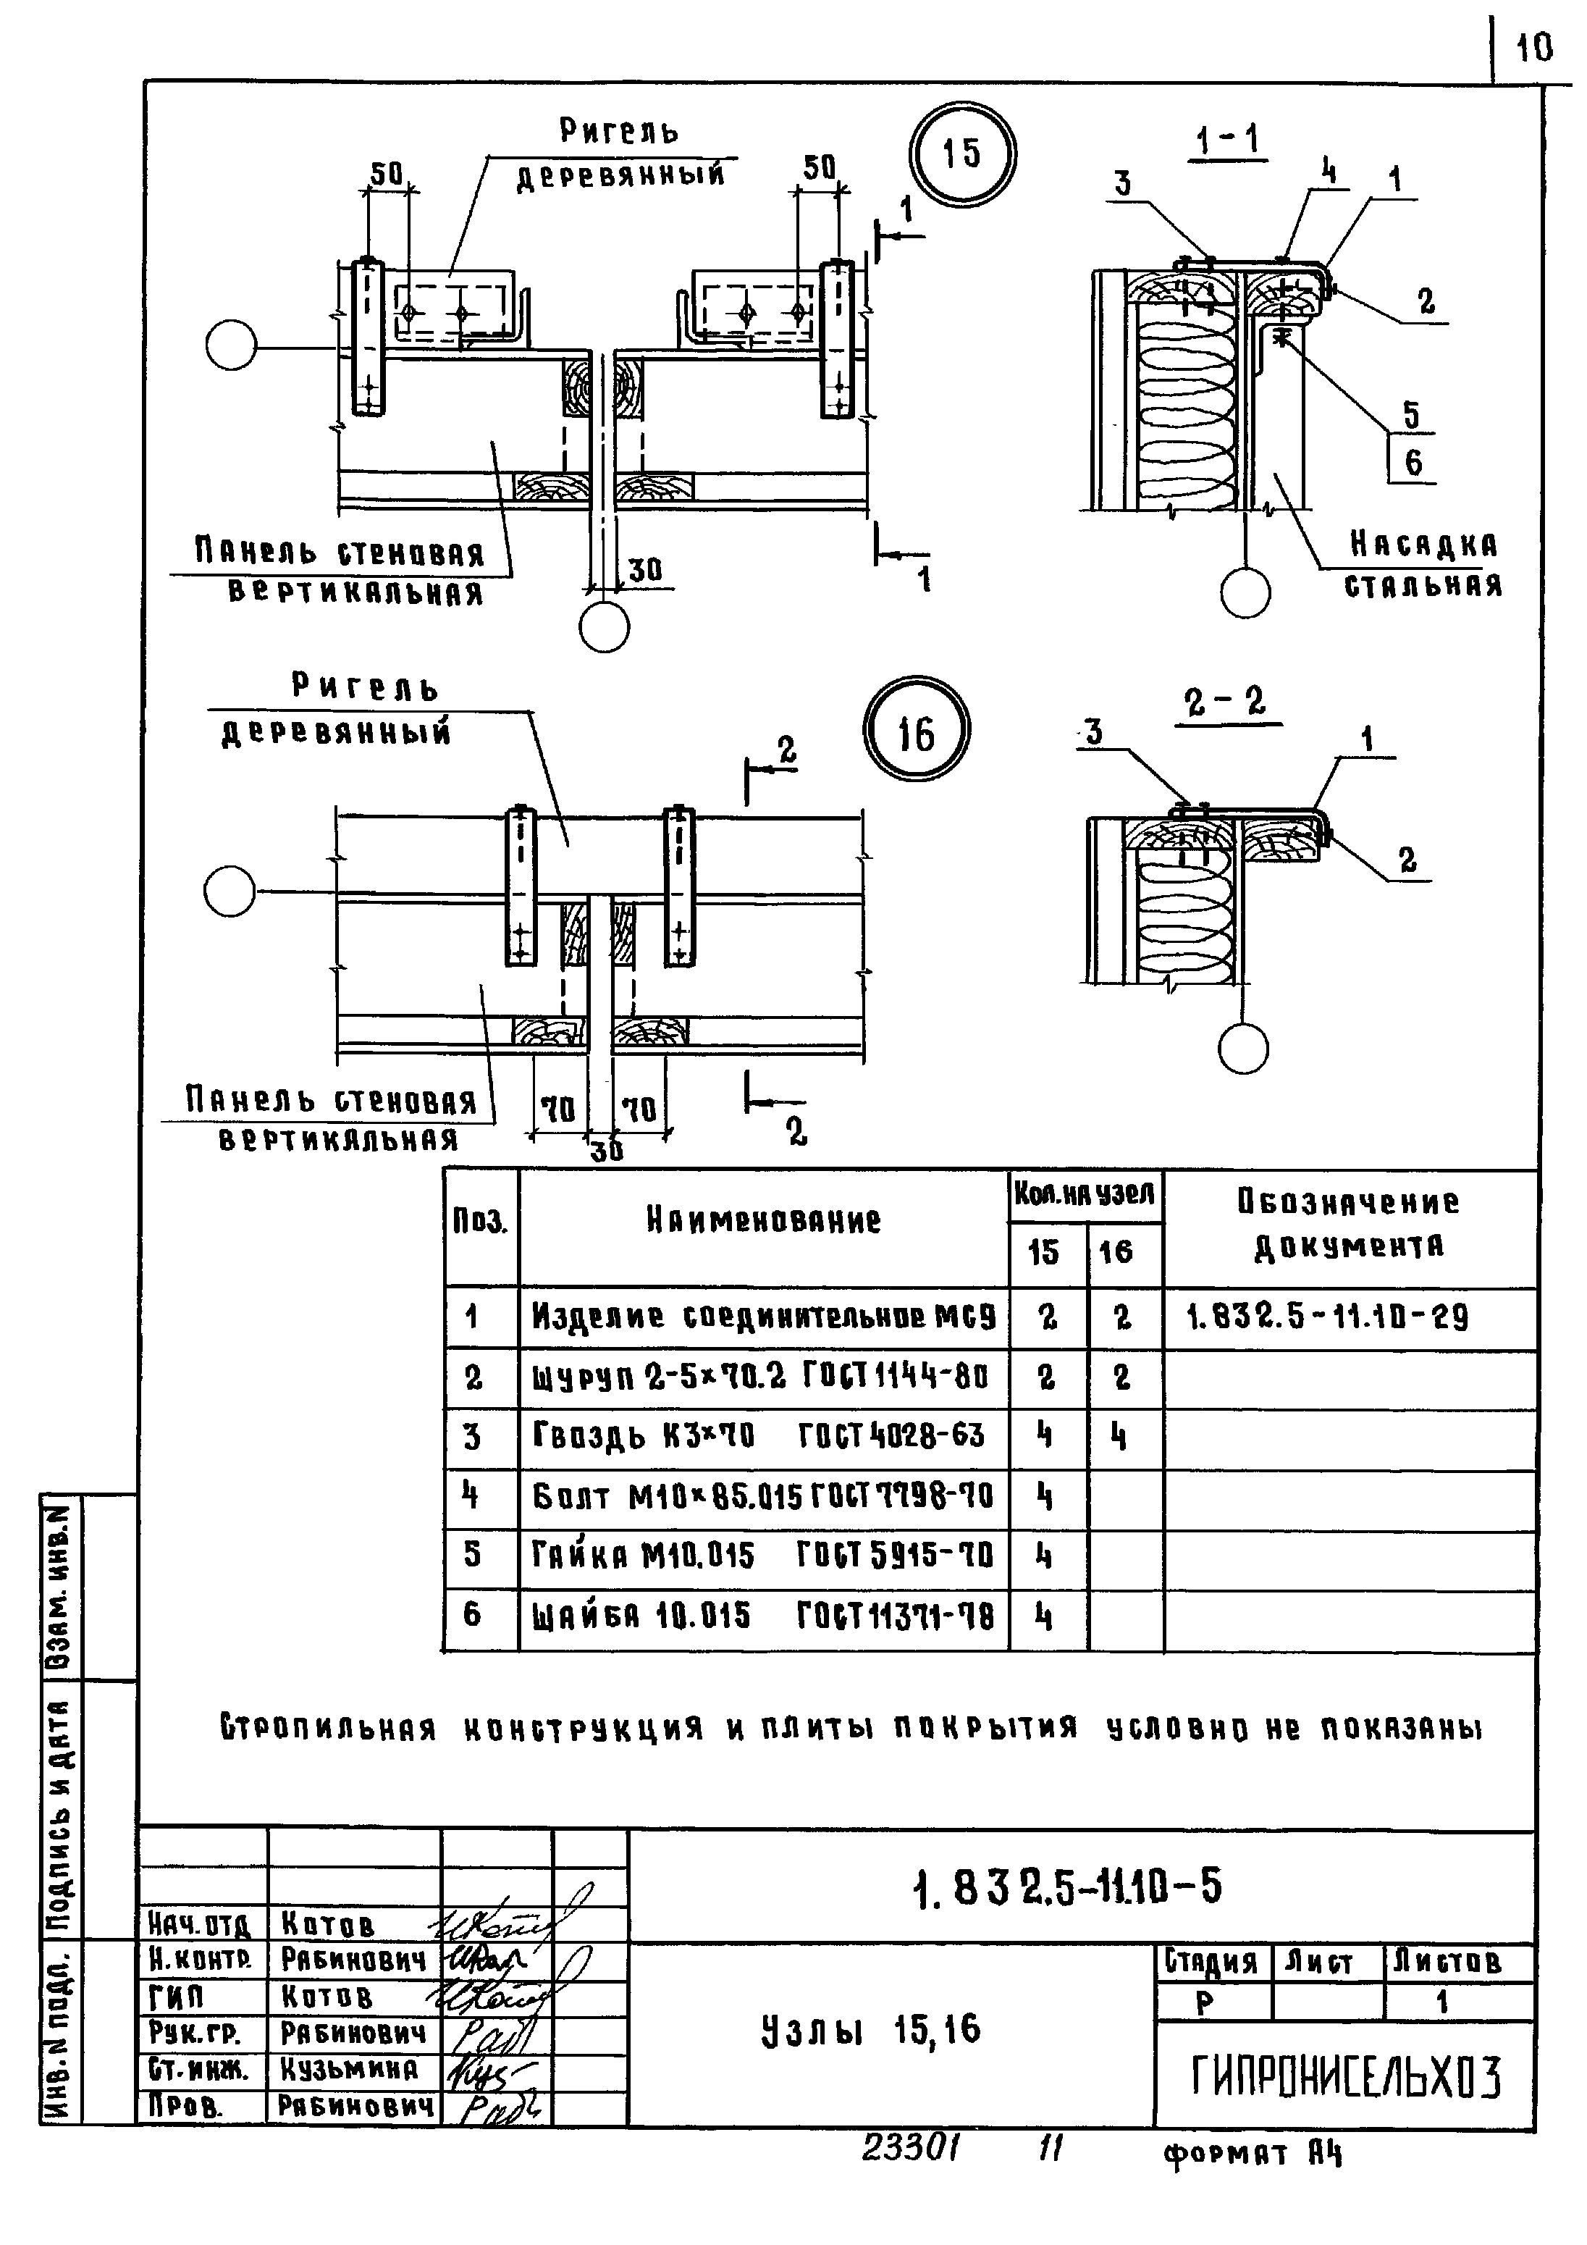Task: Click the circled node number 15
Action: (x=962, y=154)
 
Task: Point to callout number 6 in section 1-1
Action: (x=1413, y=463)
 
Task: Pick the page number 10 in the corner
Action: (x=1534, y=46)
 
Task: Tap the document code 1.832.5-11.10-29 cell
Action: (x=1327, y=1319)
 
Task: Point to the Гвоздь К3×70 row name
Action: (x=759, y=1436)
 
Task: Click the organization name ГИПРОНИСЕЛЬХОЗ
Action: (x=1345, y=2077)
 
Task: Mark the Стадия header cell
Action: (x=1211, y=1963)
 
